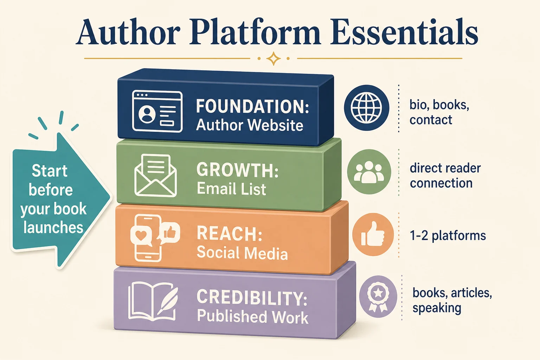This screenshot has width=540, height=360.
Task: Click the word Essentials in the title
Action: pos(404,32)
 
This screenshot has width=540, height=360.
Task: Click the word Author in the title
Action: pos(128,32)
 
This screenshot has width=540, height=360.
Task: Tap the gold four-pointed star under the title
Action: pos(274,58)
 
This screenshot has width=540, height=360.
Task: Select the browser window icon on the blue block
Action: pos(157,111)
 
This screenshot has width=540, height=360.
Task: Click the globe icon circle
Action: pos(366,108)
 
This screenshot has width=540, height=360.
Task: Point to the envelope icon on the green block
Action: pos(155,175)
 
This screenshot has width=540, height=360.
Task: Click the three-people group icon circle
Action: pos(369,172)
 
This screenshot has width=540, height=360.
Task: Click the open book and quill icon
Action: pos(153,301)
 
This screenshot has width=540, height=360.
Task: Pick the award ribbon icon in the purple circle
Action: pos(378,297)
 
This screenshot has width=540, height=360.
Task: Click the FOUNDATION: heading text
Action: pos(252,106)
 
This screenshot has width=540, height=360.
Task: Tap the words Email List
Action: pos(231,188)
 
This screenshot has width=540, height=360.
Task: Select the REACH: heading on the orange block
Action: pos(230,233)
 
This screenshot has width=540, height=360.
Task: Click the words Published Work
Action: pos(253,317)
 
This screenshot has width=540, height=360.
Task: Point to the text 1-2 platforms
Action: pos(448,236)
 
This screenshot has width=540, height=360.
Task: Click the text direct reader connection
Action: pos(445,175)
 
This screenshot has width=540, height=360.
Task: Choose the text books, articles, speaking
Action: pos(452,301)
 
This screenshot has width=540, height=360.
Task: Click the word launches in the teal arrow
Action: pos(53,227)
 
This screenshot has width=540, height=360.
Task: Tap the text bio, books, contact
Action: pos(439,112)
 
